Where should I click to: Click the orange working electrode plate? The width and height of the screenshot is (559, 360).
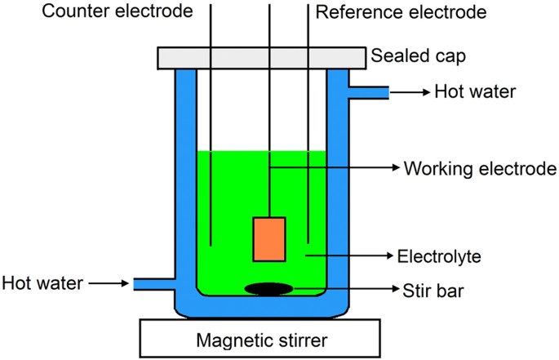(269, 239)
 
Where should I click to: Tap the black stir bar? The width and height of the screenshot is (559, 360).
(268, 288)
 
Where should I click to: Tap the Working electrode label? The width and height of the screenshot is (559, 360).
(481, 168)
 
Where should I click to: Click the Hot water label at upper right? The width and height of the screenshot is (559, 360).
(476, 91)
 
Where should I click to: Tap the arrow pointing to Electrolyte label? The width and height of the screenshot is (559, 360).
(352, 256)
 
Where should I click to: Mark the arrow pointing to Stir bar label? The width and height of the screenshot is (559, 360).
(351, 288)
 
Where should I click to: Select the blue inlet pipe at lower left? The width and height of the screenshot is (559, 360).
(155, 283)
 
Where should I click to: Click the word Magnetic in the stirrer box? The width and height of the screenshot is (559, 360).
(226, 337)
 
